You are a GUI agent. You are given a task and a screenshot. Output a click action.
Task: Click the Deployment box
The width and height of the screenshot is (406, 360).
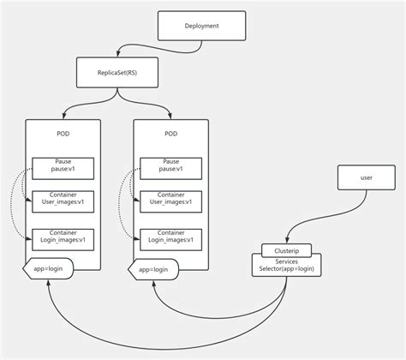point(201,27)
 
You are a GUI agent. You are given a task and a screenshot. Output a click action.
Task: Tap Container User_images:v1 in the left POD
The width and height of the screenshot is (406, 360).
point(63,200)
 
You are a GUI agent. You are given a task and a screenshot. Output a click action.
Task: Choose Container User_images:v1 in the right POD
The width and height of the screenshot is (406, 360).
point(171,200)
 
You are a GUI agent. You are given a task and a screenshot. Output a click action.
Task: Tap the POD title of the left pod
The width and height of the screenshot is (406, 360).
point(63,135)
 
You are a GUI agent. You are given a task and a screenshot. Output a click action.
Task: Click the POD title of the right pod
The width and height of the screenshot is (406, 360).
point(171,135)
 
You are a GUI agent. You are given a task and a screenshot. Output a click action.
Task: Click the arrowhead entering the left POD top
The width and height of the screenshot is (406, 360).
point(63,117)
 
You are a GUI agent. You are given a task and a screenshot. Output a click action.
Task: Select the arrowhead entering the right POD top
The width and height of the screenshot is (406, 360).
point(171,117)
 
